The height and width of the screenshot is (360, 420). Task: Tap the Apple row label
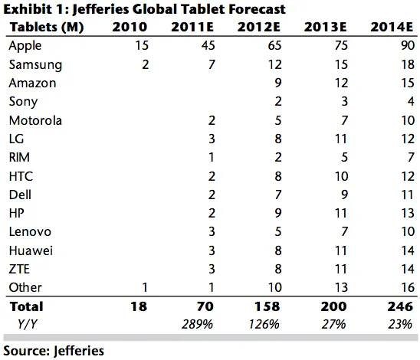25,46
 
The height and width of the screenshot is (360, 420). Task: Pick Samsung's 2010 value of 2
123,64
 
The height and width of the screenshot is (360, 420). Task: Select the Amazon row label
32,83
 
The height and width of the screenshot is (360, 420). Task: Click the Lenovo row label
30,231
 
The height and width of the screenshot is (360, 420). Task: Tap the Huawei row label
31,249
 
